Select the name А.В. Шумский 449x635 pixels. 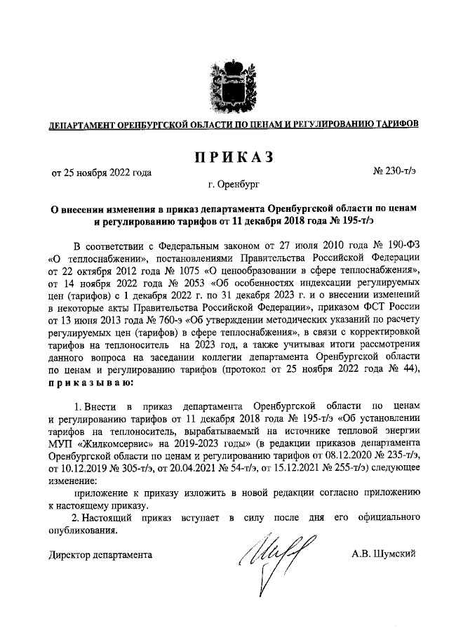pyautogui.click(x=384, y=554)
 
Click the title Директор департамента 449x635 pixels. pyautogui.click(x=100, y=554)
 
